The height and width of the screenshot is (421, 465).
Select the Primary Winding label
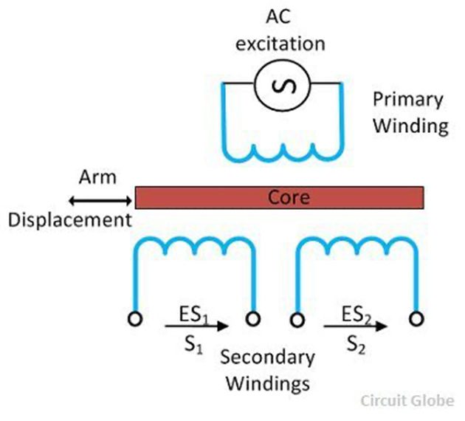coord(410,112)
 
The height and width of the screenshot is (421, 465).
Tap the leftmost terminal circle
coord(134,318)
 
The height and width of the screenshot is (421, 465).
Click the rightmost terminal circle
coord(416,318)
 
